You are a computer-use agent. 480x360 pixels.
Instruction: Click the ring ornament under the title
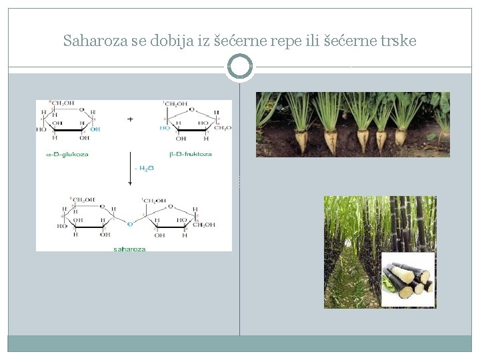pyautogui.click(x=240, y=67)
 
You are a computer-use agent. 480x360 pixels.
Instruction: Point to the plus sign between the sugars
pyautogui.click(x=130, y=119)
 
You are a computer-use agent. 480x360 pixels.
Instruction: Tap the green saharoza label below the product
pyautogui.click(x=131, y=248)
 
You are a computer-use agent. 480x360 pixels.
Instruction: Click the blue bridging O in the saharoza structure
pyautogui.click(x=130, y=224)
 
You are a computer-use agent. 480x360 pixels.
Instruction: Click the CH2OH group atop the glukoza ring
pyautogui.click(x=63, y=103)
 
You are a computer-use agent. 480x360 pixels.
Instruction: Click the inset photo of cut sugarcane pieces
pyautogui.click(x=407, y=279)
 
